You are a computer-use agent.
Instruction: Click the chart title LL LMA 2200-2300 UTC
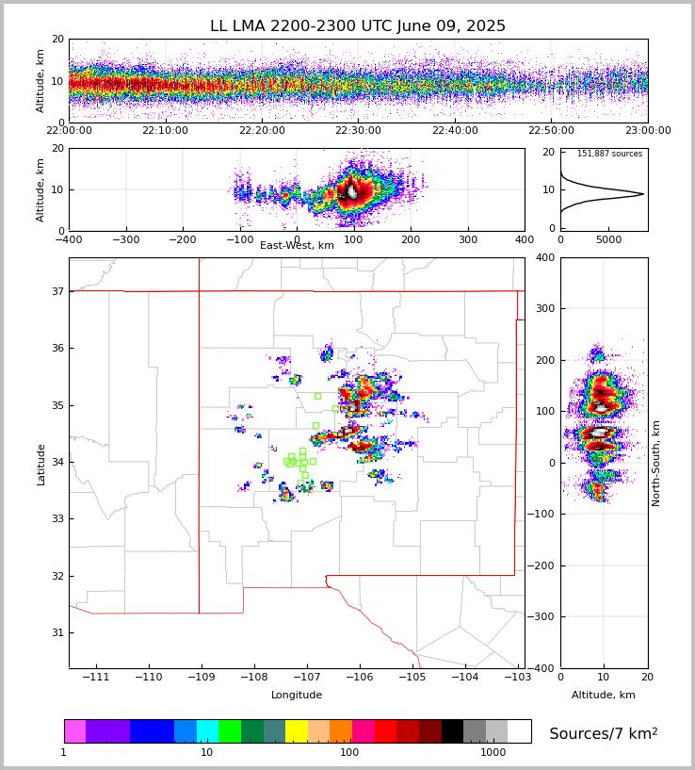coord(358,26)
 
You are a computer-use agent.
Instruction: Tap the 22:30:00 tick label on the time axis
coord(358,131)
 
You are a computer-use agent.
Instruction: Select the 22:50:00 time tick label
coord(551,131)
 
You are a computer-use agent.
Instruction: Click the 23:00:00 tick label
coord(647,131)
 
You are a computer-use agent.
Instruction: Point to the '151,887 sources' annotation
coord(609,154)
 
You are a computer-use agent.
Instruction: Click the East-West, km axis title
coord(297,246)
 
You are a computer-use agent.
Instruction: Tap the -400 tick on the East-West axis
coord(69,239)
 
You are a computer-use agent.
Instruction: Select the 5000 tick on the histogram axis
coord(608,239)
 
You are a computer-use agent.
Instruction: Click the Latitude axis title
coord(41,464)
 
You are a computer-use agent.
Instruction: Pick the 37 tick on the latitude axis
coord(57,291)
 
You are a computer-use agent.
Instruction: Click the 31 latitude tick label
coord(57,632)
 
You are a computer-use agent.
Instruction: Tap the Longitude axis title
coord(297,696)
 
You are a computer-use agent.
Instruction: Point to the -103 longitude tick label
coord(517,678)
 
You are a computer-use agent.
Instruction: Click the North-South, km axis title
coord(656,463)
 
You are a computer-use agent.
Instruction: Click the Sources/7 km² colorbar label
coord(604,733)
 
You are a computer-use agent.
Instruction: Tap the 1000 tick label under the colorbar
coord(493,753)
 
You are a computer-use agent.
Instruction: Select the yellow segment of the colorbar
coord(297,731)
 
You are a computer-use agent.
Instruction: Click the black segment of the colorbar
coord(452,731)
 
